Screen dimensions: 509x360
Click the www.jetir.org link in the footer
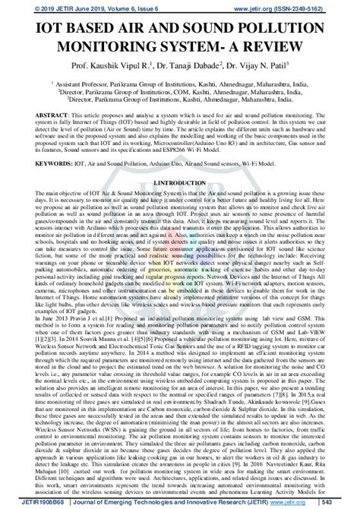click(307, 502)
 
